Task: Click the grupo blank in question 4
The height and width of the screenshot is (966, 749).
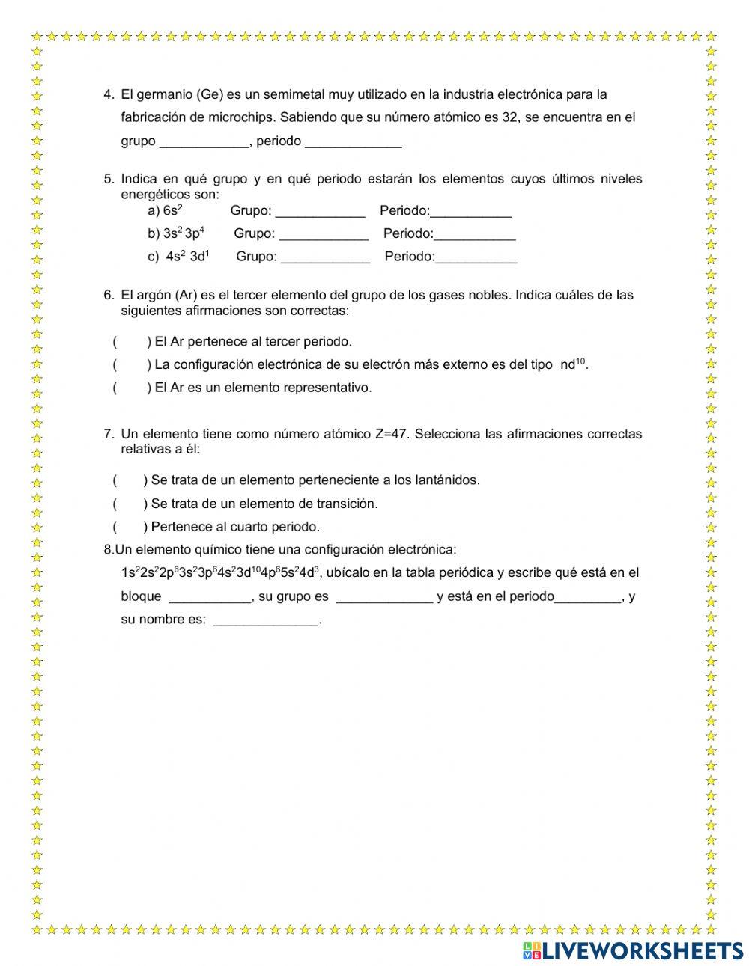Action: (204, 141)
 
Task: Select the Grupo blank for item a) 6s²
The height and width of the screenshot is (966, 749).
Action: (320, 211)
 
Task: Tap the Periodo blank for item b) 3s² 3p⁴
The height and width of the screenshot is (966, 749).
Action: (475, 234)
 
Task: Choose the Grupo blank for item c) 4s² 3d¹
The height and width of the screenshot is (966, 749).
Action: (325, 257)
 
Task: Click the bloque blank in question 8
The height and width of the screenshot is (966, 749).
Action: (210, 597)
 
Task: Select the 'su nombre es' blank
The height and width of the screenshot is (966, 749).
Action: (266, 620)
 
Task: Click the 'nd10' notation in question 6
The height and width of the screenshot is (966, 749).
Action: (573, 364)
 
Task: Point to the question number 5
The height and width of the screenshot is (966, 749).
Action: (109, 179)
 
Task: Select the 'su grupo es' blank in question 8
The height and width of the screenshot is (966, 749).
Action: (384, 597)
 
